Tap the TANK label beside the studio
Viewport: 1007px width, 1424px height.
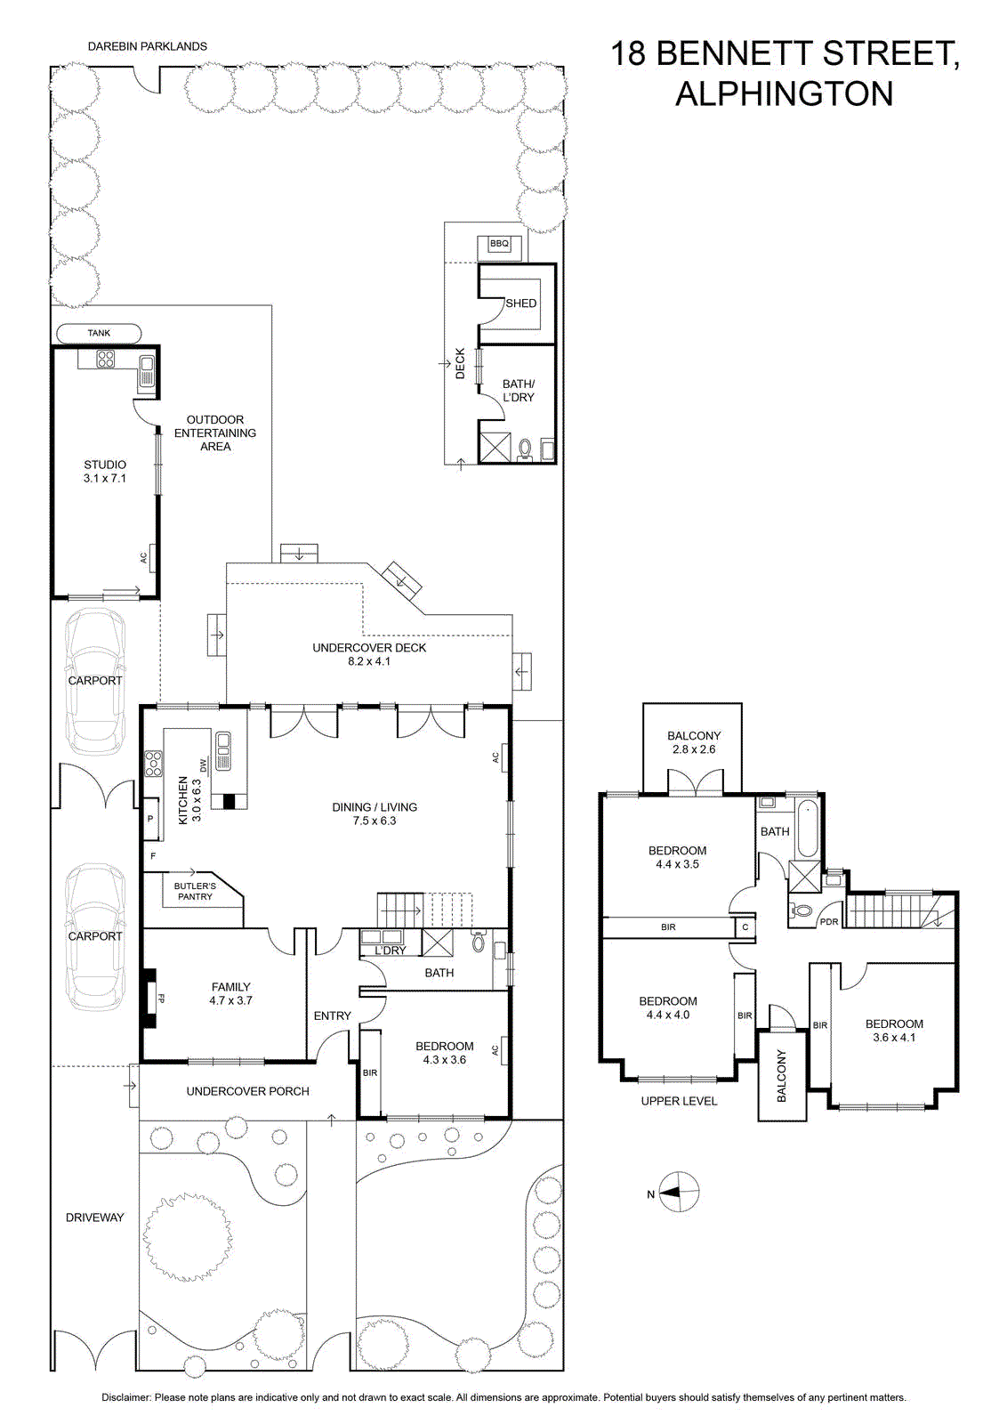[99, 333]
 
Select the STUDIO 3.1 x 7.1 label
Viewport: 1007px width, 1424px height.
[105, 472]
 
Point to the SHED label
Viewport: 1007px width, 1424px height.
[521, 303]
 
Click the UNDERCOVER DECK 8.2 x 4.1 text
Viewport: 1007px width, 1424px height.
[369, 654]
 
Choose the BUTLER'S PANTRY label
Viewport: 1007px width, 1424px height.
[195, 891]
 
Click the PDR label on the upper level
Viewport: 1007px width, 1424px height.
[829, 922]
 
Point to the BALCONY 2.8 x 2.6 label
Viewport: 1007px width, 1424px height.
[694, 742]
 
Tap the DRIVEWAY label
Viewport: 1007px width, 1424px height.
[94, 1218]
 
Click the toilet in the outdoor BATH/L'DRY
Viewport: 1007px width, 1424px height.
[526, 449]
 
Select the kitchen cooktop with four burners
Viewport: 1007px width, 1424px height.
[153, 764]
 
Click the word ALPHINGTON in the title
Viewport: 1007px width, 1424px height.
[784, 94]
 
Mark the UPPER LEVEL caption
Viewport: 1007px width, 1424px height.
[679, 1101]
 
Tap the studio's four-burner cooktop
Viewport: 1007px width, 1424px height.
[105, 360]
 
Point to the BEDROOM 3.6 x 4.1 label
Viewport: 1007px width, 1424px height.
[894, 1031]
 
